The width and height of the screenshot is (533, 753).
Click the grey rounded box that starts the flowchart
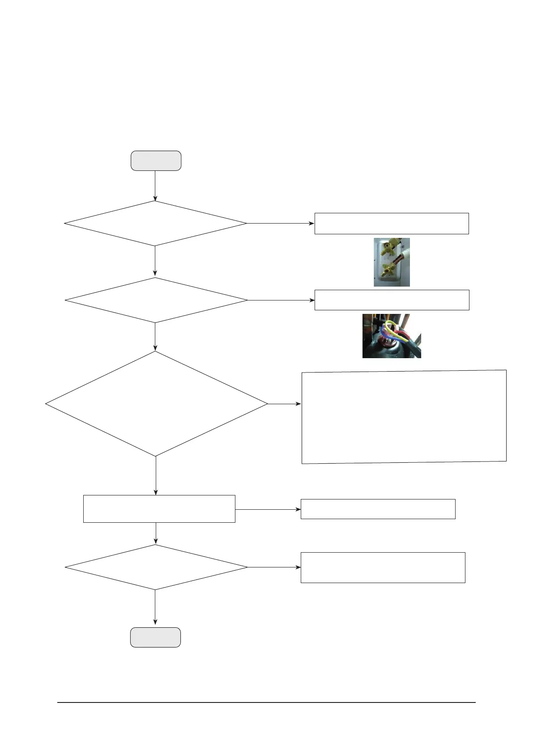click(x=156, y=161)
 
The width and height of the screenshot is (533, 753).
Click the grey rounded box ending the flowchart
click(x=155, y=637)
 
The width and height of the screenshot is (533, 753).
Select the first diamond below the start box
click(x=155, y=223)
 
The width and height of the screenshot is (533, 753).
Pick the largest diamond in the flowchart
click(x=156, y=404)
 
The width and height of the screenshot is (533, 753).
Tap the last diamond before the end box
click(x=156, y=567)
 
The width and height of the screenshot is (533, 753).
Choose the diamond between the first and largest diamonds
click(x=156, y=300)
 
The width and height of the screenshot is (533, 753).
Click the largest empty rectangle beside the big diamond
click(x=404, y=417)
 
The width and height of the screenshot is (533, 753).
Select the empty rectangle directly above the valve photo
click(x=392, y=224)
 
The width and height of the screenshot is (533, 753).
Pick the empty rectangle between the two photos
click(x=392, y=300)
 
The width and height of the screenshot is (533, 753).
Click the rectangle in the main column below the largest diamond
click(x=159, y=509)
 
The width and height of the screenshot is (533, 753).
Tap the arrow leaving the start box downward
click(x=155, y=186)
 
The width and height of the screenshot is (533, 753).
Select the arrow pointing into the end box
click(x=155, y=608)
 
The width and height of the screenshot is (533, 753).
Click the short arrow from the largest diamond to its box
click(x=285, y=404)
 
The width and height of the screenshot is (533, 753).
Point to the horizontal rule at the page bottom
click(x=266, y=702)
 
